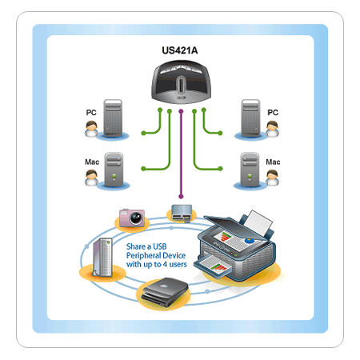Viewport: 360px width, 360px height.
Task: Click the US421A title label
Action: [180, 50]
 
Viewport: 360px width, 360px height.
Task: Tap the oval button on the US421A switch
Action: [181, 85]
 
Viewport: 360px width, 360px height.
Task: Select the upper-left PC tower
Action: [113, 118]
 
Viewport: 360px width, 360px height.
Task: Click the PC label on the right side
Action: [273, 113]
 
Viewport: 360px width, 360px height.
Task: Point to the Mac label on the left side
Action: [92, 162]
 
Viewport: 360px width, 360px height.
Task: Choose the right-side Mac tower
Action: [250, 170]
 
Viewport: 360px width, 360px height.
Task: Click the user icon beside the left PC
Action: [91, 129]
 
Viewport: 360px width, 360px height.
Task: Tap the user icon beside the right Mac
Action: [272, 178]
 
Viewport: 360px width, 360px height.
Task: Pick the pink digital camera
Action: [132, 218]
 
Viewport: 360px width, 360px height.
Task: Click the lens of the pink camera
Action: [137, 218]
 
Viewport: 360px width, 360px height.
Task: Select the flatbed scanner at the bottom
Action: [166, 292]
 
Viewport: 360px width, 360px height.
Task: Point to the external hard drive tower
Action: [102, 258]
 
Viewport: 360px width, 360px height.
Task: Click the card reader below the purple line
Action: [182, 213]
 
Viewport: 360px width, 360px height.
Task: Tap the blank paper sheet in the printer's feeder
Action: [258, 222]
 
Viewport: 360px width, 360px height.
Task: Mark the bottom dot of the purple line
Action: [181, 197]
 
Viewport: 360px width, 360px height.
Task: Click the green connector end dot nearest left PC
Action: [143, 133]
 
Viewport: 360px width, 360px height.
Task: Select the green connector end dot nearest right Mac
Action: [220, 169]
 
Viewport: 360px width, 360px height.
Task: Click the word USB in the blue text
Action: [160, 246]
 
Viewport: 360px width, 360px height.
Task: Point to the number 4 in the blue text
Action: [165, 264]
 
